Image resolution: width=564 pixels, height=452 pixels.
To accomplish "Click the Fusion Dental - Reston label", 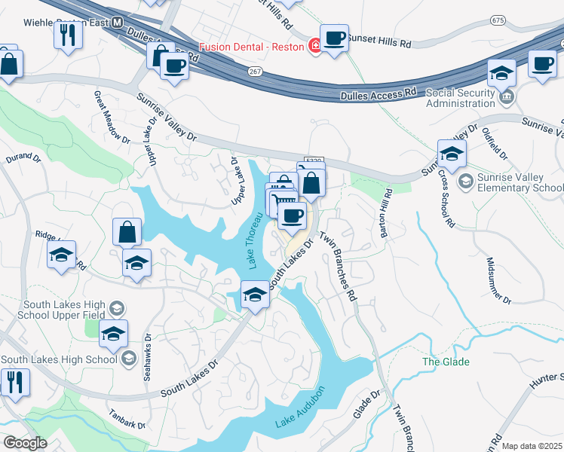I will [x=252, y=46].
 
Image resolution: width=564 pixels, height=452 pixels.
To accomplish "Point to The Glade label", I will [x=446, y=362].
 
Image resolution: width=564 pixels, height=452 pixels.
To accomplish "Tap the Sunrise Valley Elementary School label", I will [x=520, y=182].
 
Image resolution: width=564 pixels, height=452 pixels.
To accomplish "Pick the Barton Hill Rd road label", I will [x=385, y=213].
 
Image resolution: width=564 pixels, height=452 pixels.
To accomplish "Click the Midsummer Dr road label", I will [x=498, y=279].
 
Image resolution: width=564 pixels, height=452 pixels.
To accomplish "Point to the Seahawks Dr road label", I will [x=148, y=357].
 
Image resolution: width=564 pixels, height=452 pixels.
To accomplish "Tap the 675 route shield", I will [x=498, y=20].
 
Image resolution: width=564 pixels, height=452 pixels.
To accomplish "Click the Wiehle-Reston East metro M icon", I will [x=117, y=23].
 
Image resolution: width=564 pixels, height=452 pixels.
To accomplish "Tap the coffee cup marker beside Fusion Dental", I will [x=334, y=37].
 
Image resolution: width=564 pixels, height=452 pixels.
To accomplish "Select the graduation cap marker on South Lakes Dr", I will [x=255, y=295].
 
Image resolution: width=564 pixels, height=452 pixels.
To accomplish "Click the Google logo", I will [x=26, y=443].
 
